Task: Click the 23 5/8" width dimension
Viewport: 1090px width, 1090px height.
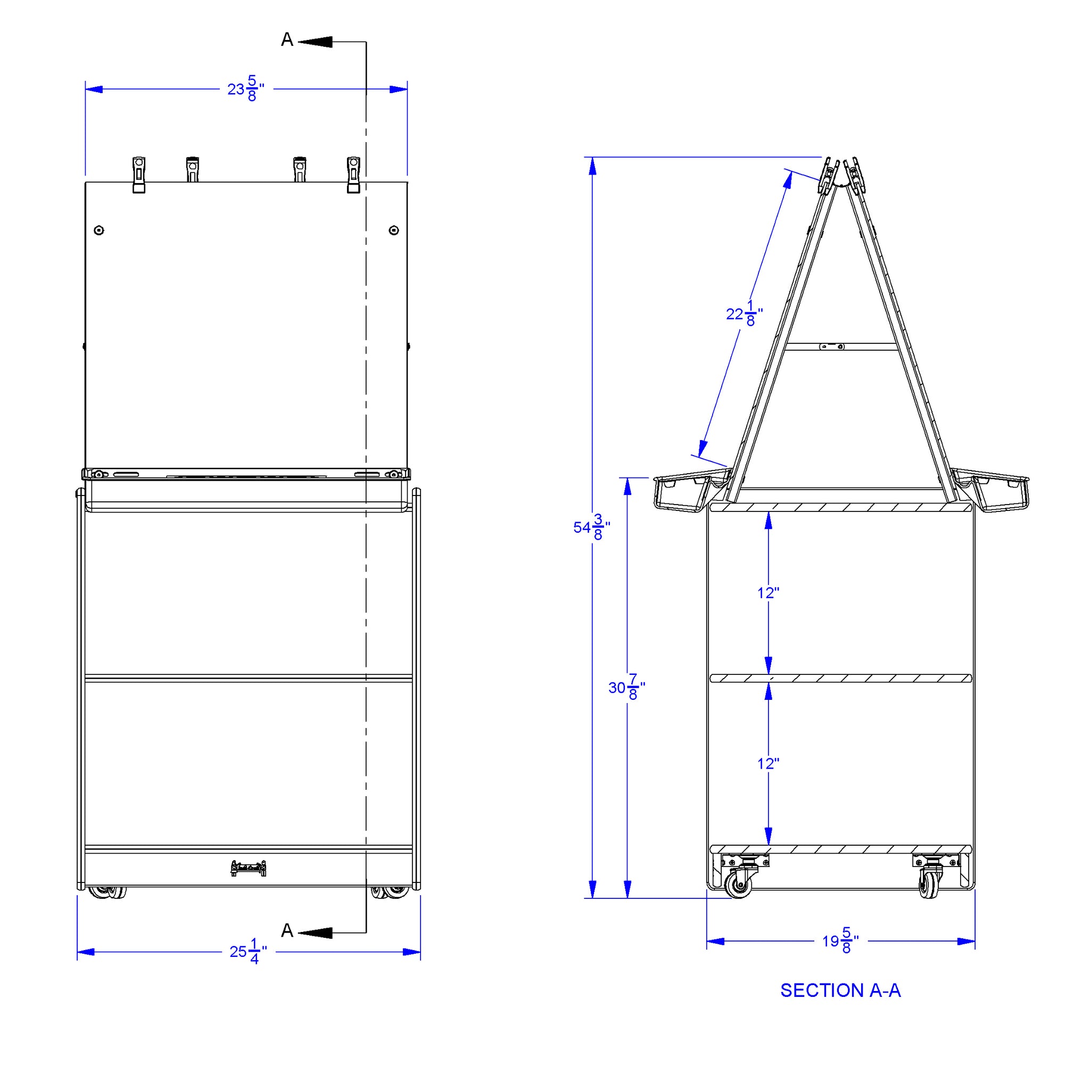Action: coord(245,89)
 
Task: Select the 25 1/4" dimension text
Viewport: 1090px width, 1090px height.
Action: coord(247,952)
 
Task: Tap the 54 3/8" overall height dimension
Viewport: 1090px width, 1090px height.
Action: coord(591,527)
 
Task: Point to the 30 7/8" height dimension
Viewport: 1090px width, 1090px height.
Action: coord(626,687)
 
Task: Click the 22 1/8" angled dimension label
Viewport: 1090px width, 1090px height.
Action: coord(744,313)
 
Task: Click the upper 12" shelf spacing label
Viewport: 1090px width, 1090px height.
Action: coord(768,593)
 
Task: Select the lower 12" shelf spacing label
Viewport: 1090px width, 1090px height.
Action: coord(768,763)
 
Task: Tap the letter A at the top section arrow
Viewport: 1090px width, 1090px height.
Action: coord(287,39)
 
